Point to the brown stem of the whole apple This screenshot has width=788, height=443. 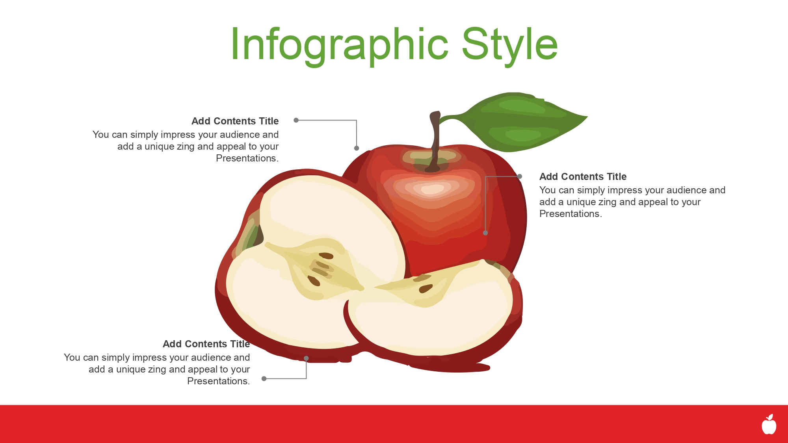[435, 142]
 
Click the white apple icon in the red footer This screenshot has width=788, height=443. [769, 424]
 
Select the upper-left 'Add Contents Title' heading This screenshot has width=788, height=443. [235, 121]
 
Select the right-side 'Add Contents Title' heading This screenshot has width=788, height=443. [583, 176]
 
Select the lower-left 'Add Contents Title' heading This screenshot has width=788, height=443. [206, 344]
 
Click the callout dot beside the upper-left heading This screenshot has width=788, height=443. [296, 120]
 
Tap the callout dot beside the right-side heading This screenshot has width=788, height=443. [520, 176]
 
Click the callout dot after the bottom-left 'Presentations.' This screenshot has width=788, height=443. [264, 379]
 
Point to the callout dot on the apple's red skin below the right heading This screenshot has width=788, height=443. [485, 233]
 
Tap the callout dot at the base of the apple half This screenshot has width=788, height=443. [306, 358]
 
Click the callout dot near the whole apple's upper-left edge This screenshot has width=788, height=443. [357, 148]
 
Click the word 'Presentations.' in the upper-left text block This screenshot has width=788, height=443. [247, 158]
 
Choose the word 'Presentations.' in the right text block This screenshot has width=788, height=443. [571, 214]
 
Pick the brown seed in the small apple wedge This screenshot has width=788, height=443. [426, 289]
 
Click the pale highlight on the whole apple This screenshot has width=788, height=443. [432, 189]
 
